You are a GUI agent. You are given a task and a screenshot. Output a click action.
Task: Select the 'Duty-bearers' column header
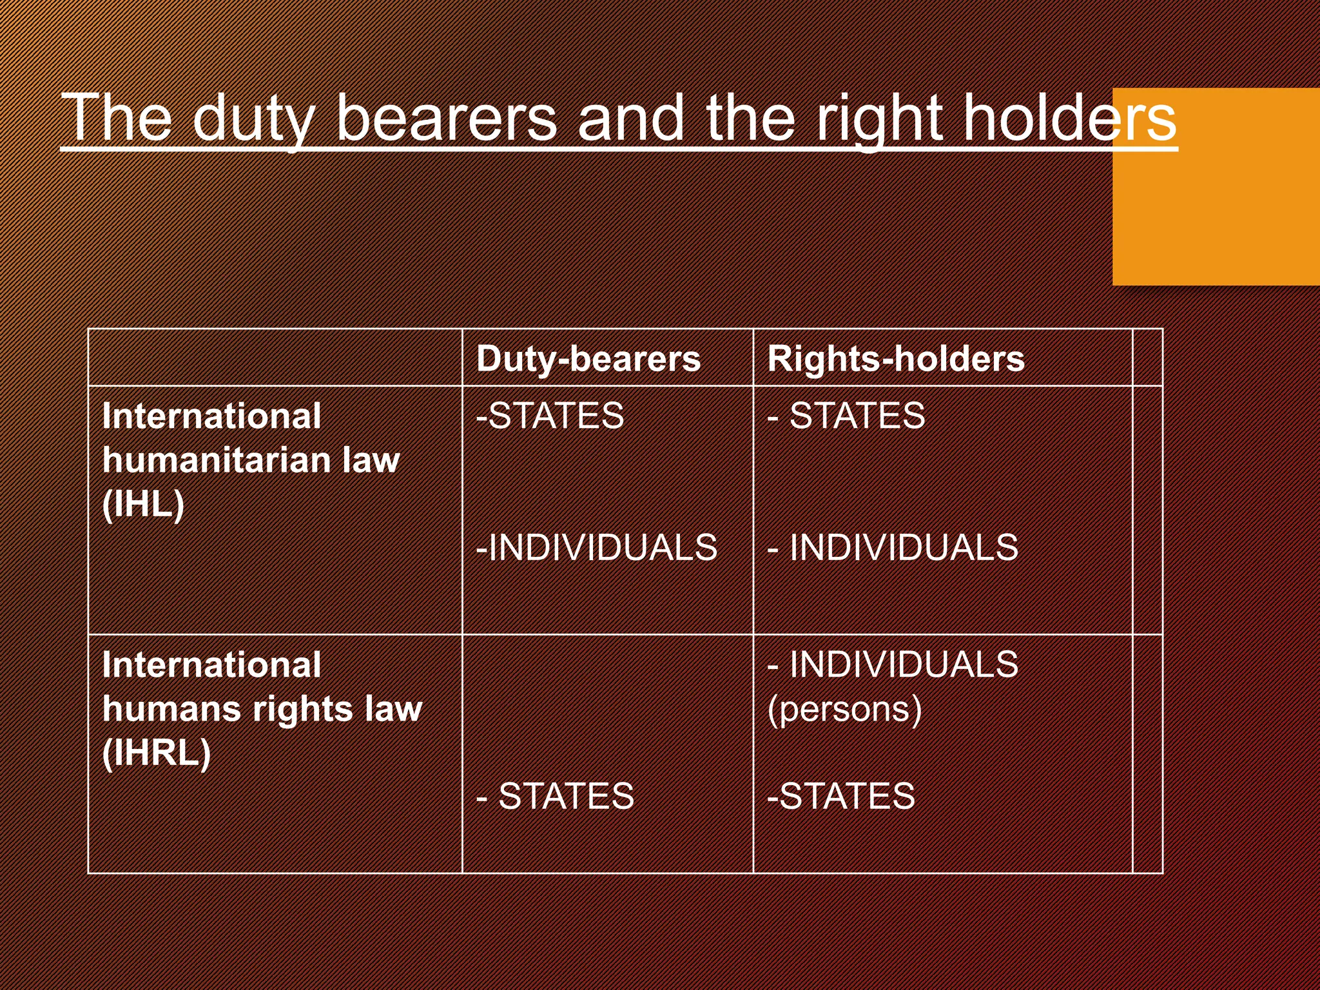(588, 358)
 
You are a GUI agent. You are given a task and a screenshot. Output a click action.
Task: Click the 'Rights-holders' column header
(896, 358)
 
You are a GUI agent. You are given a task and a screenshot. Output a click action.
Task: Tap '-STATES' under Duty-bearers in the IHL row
(550, 416)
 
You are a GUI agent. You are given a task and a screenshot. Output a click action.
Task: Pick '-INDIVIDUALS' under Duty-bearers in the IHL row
(596, 547)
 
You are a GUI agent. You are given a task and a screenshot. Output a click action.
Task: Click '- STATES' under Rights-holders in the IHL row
(846, 416)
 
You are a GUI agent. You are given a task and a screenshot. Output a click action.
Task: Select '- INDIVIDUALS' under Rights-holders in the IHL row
(893, 547)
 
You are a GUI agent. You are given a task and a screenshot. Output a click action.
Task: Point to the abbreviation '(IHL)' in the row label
(143, 504)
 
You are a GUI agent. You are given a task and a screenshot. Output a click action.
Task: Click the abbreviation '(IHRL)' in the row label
(157, 753)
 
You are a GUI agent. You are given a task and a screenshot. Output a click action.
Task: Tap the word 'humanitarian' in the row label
(217, 460)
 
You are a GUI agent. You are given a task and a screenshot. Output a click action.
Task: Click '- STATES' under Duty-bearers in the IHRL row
(555, 796)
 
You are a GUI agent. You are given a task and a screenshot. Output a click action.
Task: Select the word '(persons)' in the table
(844, 709)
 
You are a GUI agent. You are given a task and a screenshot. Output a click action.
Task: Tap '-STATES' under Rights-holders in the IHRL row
(841, 796)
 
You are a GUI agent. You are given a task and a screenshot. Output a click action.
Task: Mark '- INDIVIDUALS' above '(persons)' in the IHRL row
(893, 665)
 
